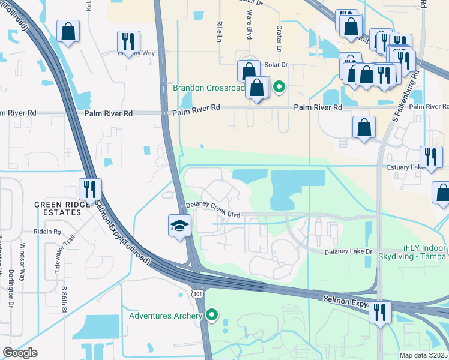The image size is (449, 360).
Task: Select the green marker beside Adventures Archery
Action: [211, 314]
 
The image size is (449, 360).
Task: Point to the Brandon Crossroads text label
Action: [208, 88]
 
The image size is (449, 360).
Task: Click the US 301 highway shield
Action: [197, 293]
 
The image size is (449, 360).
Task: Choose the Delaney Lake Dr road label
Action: [349, 252]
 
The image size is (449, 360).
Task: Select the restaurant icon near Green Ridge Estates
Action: [90, 189]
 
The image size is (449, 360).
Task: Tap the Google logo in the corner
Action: [20, 353]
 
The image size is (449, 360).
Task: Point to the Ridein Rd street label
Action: [48, 232]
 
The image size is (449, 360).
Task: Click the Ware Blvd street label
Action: [248, 28]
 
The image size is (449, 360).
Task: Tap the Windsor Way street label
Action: [23, 267]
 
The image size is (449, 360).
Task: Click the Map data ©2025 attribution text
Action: [424, 355]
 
